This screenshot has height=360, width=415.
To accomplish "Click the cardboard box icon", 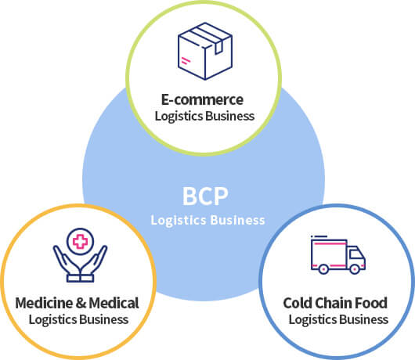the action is click(205, 51).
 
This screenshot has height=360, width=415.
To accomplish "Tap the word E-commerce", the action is click(202, 99).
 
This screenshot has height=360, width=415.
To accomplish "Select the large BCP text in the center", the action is click(205, 196).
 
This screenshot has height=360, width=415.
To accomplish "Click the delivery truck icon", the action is click(338, 254).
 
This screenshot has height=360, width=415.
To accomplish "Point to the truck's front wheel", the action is click(355, 269).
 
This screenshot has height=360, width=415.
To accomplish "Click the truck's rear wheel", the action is click(323, 269).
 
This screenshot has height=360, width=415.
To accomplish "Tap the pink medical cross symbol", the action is click(80, 241).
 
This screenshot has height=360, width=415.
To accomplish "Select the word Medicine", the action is click(44, 303).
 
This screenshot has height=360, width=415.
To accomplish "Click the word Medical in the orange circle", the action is click(114, 303).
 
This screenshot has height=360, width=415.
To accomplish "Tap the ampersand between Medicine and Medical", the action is click(81, 304).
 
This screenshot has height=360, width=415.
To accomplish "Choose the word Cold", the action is click(296, 303).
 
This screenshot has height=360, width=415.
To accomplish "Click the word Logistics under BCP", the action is click(179, 221).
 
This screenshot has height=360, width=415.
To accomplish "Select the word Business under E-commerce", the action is click(230, 116).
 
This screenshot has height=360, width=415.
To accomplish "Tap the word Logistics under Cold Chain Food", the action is click(312, 320).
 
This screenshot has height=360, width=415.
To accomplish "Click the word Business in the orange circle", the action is click(104, 319).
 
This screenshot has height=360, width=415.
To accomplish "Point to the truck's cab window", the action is click(355, 254).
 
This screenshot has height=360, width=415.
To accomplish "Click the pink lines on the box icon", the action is click(186, 61).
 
